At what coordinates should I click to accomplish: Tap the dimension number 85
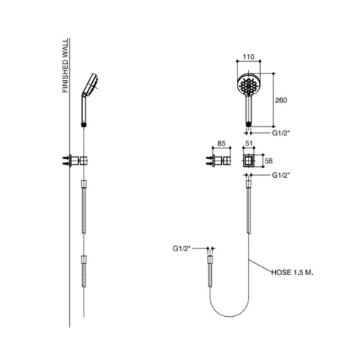pos(222,143)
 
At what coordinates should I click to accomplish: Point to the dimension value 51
pos(248,143)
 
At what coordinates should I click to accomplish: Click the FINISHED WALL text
pos(66,66)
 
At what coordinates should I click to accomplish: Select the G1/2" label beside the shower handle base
pos(282,134)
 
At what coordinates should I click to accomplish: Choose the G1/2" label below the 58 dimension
pos(282,176)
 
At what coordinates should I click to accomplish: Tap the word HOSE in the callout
pos(281,272)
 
